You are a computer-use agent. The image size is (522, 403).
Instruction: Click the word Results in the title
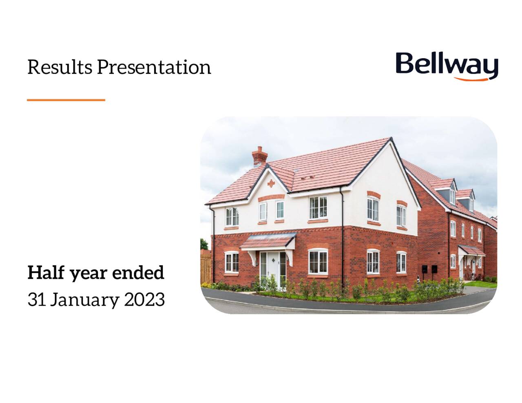[x=60, y=67]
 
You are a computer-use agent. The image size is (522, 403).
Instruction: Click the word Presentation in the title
[x=154, y=67]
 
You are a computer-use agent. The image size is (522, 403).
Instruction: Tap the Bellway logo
[x=447, y=66]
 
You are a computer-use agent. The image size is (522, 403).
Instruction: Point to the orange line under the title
[x=66, y=100]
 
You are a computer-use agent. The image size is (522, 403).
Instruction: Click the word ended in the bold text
[x=138, y=273]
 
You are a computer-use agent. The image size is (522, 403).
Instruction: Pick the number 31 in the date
[x=36, y=299]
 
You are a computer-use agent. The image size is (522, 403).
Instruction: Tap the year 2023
[x=144, y=299]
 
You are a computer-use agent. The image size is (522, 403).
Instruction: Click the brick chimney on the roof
[x=259, y=156]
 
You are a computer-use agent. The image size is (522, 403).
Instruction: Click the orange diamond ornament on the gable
[x=271, y=183]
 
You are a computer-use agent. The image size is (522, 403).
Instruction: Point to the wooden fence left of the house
[x=206, y=269]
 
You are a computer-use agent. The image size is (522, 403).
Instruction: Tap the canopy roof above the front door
[x=268, y=240]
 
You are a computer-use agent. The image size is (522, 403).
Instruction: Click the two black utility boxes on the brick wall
[x=429, y=269]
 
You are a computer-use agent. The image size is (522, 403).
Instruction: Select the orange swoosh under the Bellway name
[x=473, y=78]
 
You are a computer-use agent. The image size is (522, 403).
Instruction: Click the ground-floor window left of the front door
[x=232, y=262]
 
